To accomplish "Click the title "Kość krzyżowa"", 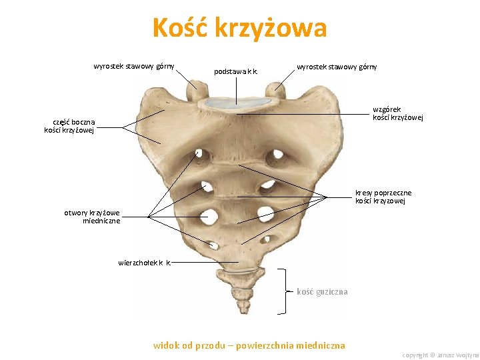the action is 239,29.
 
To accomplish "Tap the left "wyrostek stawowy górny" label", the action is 134,66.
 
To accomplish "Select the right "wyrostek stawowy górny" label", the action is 337,67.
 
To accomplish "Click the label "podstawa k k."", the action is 236,71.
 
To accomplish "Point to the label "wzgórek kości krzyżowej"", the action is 397,113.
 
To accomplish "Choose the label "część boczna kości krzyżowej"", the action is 69,126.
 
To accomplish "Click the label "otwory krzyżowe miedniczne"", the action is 92,217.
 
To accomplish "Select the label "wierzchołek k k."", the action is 145,263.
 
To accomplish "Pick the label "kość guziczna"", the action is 322,291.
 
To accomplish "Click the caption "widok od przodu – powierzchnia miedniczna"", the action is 249,345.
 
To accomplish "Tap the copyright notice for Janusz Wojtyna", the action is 440,355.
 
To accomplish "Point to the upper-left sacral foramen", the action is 201,156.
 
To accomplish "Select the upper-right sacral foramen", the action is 275,157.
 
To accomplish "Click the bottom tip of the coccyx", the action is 241,307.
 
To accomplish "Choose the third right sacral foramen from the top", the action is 265,214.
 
